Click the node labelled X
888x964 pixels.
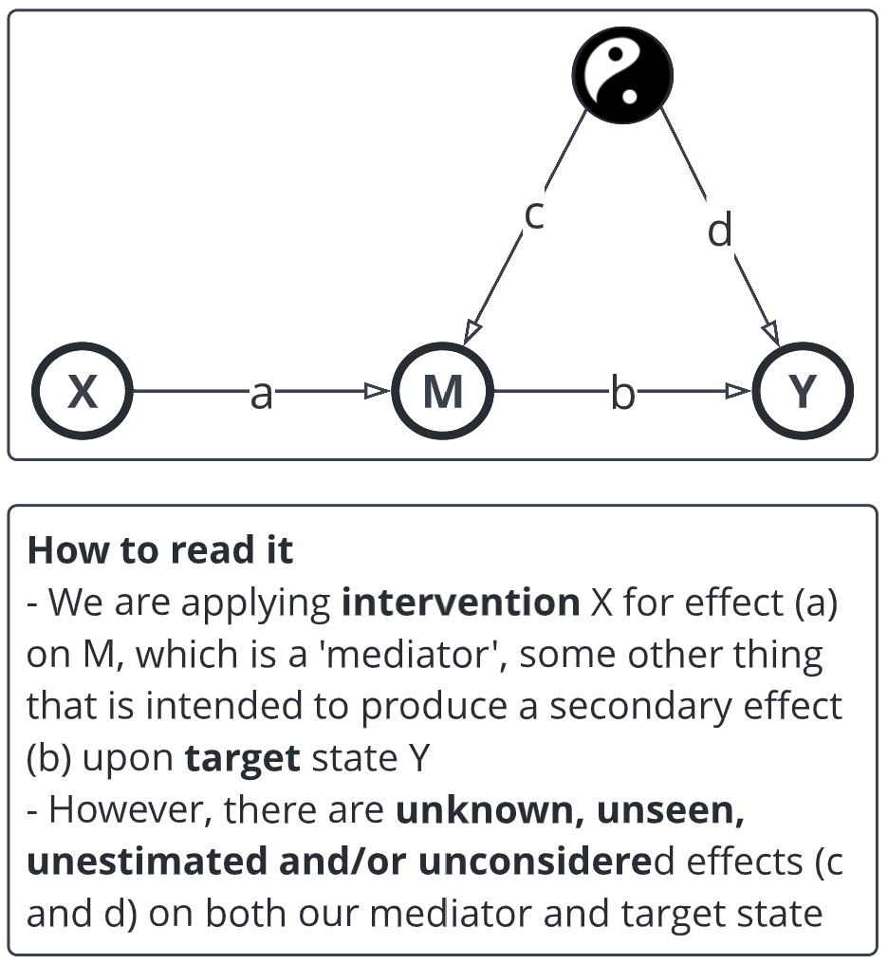pyautogui.click(x=83, y=391)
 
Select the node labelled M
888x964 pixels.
pyautogui.click(x=443, y=391)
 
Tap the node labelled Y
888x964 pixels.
pyautogui.click(x=803, y=391)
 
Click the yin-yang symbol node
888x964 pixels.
pyautogui.click(x=622, y=74)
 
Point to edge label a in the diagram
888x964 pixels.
pyautogui.click(x=261, y=393)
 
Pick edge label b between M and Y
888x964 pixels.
pyautogui.click(x=621, y=393)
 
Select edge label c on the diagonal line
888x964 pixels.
pyautogui.click(x=534, y=215)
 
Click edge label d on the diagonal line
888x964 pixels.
pyautogui.click(x=721, y=230)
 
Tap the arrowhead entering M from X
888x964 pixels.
pyautogui.click(x=378, y=391)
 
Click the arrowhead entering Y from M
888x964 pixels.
pyautogui.click(x=738, y=391)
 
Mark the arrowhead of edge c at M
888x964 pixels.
pyautogui.click(x=472, y=331)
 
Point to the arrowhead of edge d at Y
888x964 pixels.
pyautogui.click(x=771, y=333)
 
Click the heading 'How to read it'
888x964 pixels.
pyautogui.click(x=160, y=550)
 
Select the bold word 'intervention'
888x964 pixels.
pyautogui.click(x=460, y=602)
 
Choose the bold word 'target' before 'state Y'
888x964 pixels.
pyautogui.click(x=242, y=758)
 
